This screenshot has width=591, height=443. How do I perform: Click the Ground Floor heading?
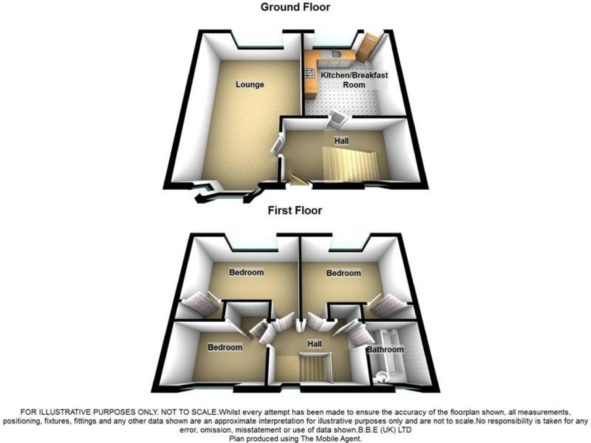click(295, 7)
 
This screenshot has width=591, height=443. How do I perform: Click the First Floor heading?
click(295, 210)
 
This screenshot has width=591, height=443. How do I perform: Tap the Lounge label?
click(250, 85)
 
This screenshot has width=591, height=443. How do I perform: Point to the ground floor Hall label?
click(341, 141)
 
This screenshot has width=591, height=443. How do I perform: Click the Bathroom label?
click(385, 349)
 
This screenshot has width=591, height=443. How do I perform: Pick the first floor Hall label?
click(314, 344)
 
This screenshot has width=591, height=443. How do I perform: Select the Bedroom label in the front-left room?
click(225, 347)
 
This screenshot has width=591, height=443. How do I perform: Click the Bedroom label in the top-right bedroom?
click(343, 273)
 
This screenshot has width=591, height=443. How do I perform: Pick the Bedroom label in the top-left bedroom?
click(246, 272)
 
